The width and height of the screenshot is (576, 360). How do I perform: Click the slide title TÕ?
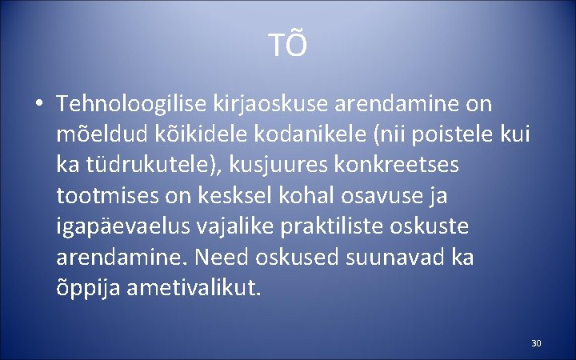click(x=288, y=46)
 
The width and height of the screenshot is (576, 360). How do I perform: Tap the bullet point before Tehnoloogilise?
click(x=38, y=105)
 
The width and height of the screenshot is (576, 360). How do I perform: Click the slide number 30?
click(x=536, y=343)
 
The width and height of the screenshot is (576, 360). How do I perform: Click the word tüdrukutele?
click(x=146, y=166)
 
